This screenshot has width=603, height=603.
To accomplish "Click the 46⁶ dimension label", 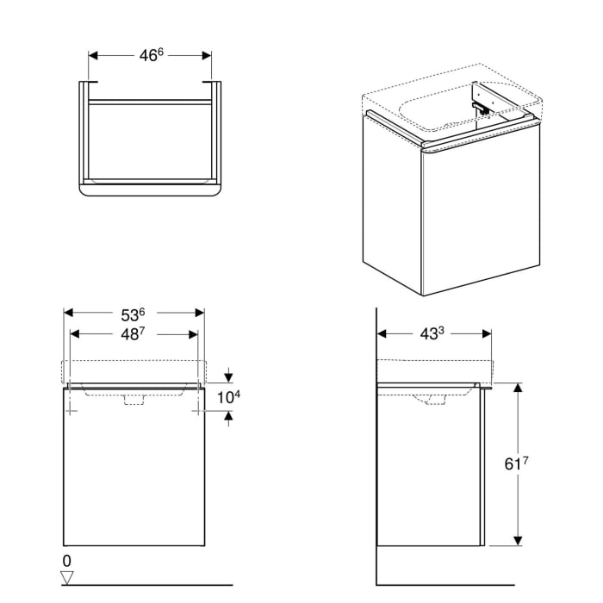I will (151, 55).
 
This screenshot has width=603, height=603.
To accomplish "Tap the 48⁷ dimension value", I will (134, 335).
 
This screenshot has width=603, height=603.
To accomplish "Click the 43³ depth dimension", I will (435, 333).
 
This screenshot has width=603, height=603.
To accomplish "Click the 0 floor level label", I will (68, 561).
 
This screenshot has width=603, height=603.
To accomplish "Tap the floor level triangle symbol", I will (69, 576).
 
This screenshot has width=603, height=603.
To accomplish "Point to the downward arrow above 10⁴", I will (228, 376).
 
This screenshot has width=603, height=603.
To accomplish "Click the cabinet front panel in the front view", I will (134, 474).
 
